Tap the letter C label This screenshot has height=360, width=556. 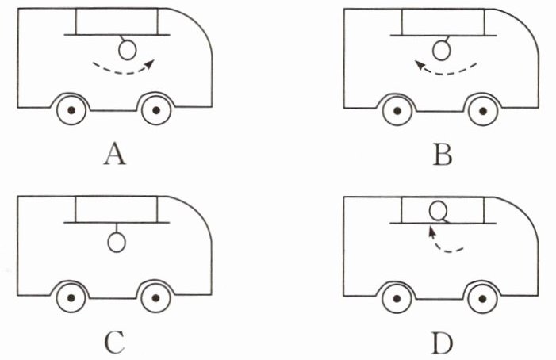[x=116, y=343]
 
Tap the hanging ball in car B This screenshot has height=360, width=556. [x=445, y=52]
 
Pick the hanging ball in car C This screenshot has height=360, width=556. [x=117, y=241]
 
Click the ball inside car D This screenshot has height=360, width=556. [x=438, y=211]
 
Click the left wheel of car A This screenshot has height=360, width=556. [x=71, y=110]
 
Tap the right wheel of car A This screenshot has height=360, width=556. [x=156, y=110]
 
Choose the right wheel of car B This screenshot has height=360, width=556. [x=481, y=110]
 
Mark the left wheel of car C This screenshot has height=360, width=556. [x=71, y=299]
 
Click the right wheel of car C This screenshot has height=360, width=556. [x=156, y=299]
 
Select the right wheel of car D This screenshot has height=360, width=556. [x=481, y=299]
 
